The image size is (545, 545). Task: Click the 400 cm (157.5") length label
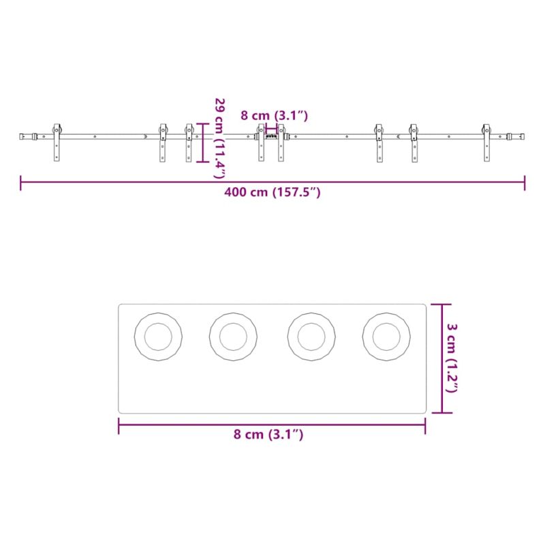pos(272,192)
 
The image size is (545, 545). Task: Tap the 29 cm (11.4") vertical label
pos(219,138)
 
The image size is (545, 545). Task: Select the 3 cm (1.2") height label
pos(452,358)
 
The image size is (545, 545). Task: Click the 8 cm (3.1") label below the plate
pos(268,435)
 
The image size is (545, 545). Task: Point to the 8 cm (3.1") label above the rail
pos(275,115)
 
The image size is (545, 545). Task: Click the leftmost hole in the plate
pos(158,337)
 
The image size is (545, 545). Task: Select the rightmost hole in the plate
pos(386,337)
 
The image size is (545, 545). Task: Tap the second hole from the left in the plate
pos(233,337)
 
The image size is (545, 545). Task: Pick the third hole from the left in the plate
pos(311,337)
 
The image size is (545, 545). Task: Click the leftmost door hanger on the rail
pos(57,142)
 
